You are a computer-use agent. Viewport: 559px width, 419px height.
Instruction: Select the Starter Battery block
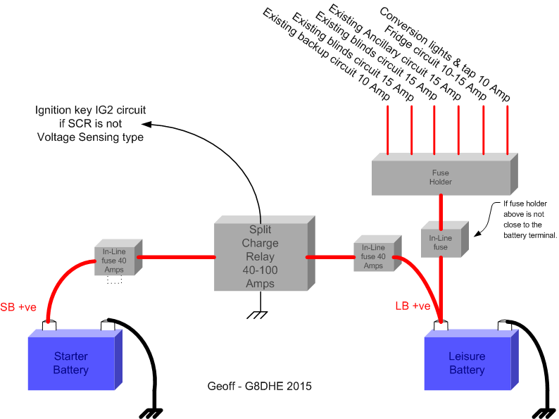tap(70, 363)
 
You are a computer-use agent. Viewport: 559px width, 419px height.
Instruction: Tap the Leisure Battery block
tap(467, 363)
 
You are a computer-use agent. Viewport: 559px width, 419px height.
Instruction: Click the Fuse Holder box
tap(441, 177)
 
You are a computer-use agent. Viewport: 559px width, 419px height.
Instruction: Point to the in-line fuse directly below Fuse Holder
tap(440, 242)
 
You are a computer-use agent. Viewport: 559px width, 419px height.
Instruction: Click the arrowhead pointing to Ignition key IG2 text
tap(150, 125)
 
